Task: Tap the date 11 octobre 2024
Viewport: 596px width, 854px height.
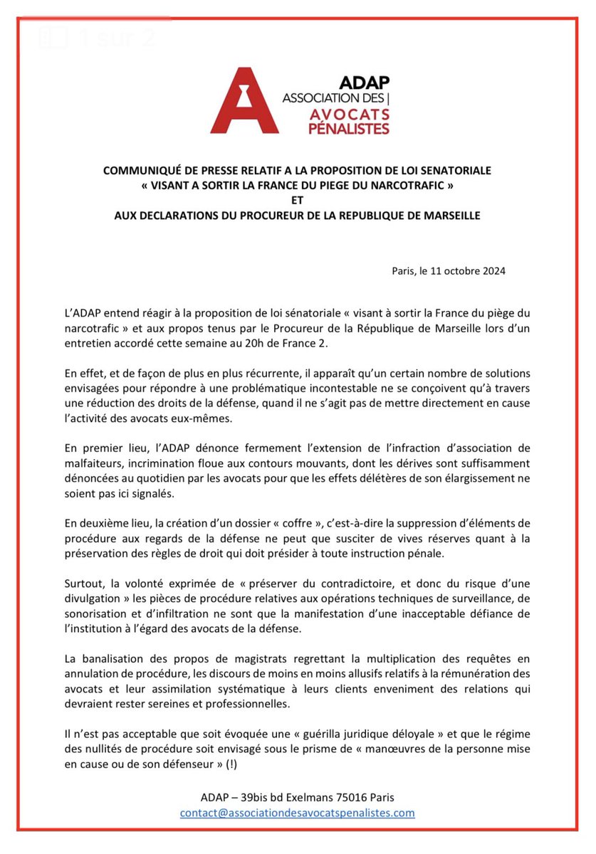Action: pyautogui.click(x=472, y=270)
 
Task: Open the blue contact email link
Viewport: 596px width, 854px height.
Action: pyautogui.click(x=297, y=812)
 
